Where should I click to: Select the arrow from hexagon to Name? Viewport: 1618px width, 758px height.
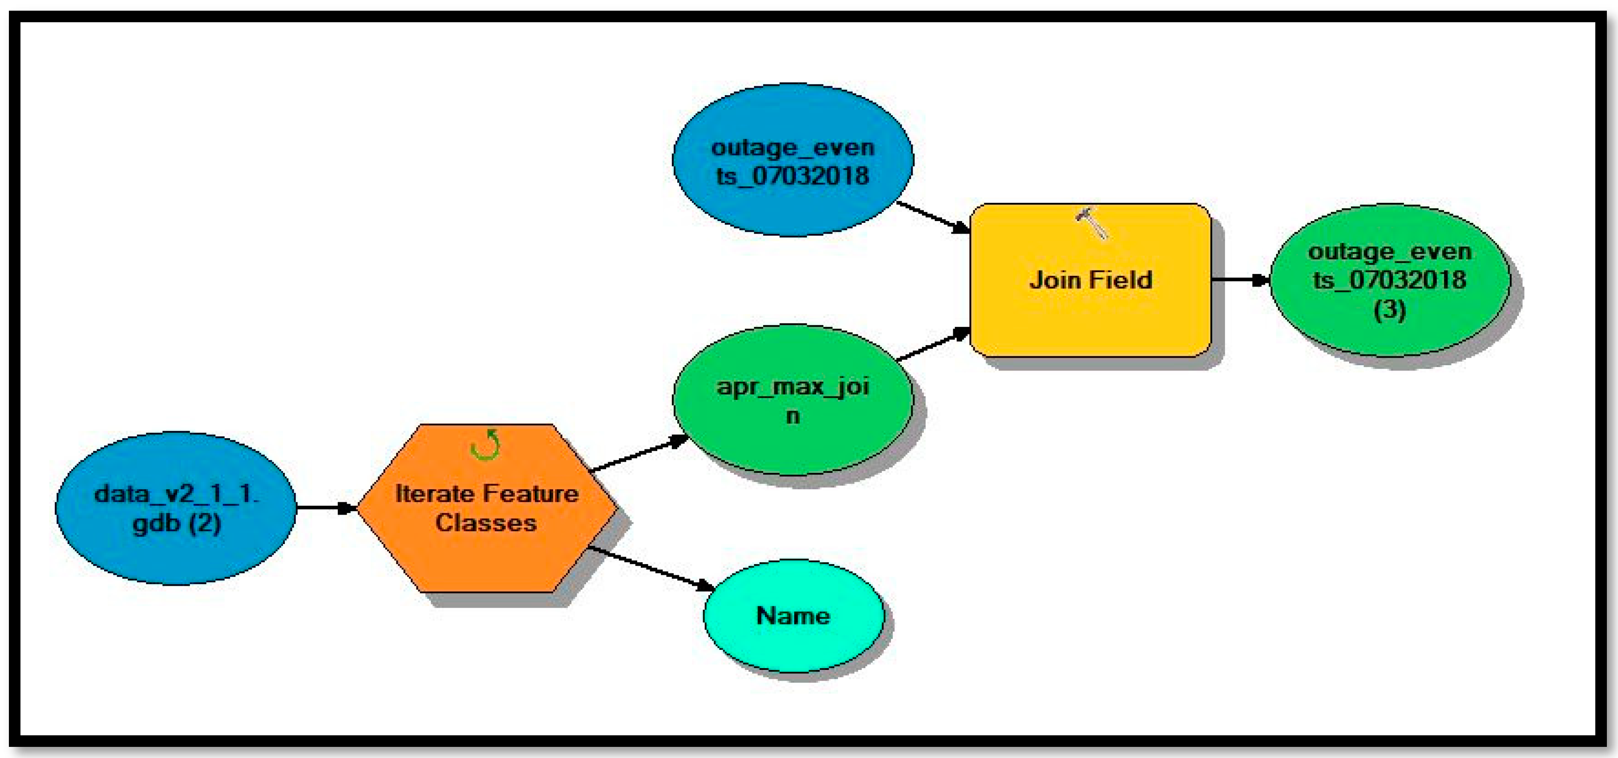pyautogui.click(x=650, y=568)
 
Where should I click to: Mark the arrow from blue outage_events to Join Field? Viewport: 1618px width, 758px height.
pyautogui.click(x=933, y=217)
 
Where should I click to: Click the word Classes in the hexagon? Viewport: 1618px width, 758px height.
pyautogui.click(x=485, y=523)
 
